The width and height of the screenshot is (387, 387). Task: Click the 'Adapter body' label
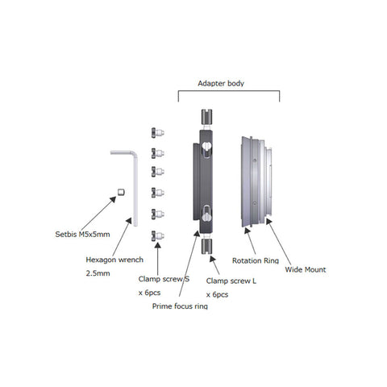tap(221, 83)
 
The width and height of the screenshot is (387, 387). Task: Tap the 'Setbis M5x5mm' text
tap(82, 235)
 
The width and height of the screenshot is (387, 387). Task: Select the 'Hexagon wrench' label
tap(114, 260)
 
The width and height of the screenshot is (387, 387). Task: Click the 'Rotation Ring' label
tap(256, 260)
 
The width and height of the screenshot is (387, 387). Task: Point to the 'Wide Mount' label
tap(306, 269)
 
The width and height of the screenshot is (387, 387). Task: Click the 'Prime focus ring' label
tap(180, 306)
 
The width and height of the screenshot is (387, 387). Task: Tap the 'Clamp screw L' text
tap(231, 281)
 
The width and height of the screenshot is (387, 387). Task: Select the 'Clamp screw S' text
tap(164, 279)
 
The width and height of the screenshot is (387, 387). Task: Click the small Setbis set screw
tap(121, 192)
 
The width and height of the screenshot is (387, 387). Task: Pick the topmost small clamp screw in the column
tap(157, 133)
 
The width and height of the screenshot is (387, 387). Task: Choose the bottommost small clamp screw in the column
tap(157, 236)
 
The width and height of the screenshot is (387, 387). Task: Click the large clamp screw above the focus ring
tap(206, 117)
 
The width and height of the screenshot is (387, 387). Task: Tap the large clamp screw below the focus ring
tap(206, 247)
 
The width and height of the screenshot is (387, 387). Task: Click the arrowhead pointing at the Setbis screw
tap(113, 200)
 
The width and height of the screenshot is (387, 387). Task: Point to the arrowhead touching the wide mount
tap(269, 222)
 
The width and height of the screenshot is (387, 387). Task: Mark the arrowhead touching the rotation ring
tap(248, 231)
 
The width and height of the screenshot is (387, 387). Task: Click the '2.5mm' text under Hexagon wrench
tap(98, 273)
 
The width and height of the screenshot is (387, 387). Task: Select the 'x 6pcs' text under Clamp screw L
tap(217, 294)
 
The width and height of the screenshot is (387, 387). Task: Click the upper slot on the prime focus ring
tap(206, 149)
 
